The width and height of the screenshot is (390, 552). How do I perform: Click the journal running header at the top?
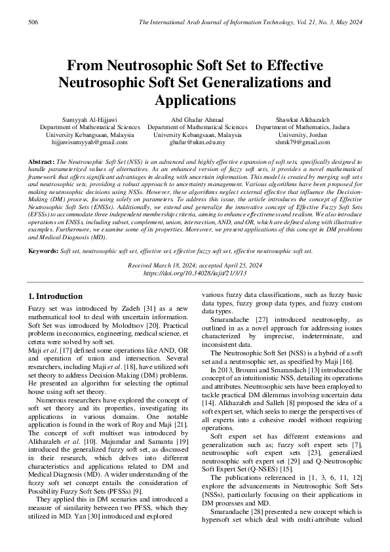point(250,22)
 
